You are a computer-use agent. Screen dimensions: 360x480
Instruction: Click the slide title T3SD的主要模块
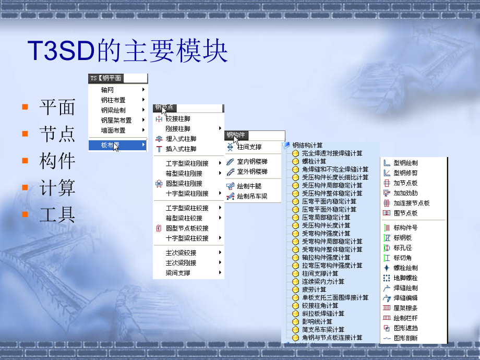click(128, 52)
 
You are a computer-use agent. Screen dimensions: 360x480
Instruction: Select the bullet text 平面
click(57, 107)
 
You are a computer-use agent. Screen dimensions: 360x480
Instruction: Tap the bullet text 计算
click(57, 188)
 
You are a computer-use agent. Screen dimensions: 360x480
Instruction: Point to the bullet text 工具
click(57, 214)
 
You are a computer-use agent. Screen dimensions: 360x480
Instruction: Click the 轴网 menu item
click(107, 90)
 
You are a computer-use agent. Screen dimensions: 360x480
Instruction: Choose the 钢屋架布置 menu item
click(116, 121)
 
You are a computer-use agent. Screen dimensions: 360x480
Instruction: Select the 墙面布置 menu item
click(113, 130)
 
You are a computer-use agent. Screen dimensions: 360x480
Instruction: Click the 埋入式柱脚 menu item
click(181, 139)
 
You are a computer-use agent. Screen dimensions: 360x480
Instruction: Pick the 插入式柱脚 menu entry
click(181, 149)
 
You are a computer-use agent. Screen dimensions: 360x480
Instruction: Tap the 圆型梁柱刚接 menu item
click(184, 184)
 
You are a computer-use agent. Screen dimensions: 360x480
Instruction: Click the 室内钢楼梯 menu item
click(252, 162)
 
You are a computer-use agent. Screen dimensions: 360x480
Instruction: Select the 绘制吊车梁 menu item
click(252, 196)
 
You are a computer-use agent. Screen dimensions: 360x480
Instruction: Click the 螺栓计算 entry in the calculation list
click(314, 161)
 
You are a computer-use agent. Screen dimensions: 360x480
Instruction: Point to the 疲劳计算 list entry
click(314, 290)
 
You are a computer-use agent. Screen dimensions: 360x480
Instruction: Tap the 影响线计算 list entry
click(317, 321)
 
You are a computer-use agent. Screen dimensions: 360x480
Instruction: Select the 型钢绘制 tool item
click(405, 163)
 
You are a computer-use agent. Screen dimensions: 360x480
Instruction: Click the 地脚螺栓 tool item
click(405, 278)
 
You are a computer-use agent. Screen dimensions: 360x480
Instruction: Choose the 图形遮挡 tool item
click(405, 328)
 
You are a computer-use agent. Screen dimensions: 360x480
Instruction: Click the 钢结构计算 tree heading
click(307, 145)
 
